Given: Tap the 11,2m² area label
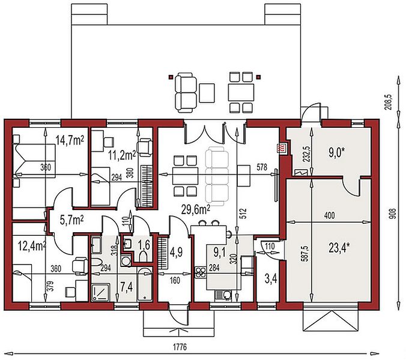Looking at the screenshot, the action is tap(122, 155).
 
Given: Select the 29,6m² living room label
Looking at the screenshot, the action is tap(195, 210).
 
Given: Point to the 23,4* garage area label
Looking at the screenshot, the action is tap(339, 248).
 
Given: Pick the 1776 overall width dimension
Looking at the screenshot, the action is tap(180, 347).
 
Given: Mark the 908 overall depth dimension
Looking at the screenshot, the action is tap(393, 214).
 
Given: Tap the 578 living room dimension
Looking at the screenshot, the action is tap(262, 167).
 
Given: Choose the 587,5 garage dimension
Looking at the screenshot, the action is tap(305, 253).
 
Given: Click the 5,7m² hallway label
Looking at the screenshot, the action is tap(71, 221).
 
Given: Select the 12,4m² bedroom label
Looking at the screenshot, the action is tap(32, 246).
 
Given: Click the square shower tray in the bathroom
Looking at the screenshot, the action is tap(101, 292).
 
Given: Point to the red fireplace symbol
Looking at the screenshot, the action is tap(281, 148).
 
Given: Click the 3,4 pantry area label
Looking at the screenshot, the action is tap(271, 279).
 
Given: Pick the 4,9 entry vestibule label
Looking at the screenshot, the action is tap(177, 252).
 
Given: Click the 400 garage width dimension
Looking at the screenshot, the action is tap(329, 215).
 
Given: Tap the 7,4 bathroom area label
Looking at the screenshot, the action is tap(127, 287).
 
